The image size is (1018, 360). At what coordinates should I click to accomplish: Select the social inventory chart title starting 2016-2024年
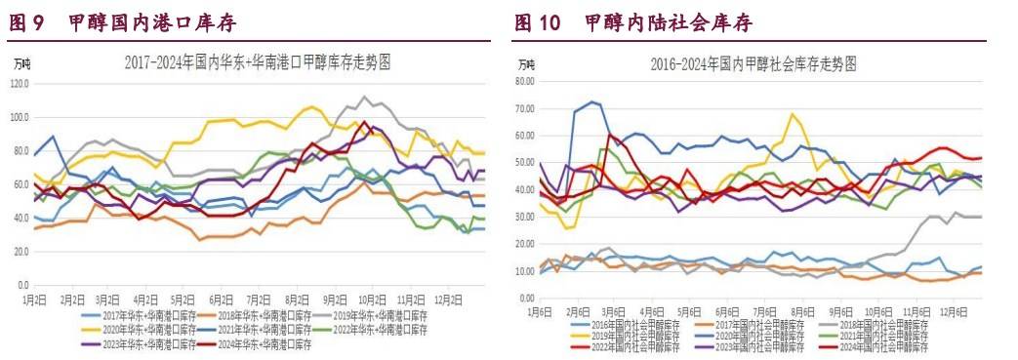click(753, 64)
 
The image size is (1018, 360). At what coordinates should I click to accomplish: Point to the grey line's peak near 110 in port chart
click(364, 97)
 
